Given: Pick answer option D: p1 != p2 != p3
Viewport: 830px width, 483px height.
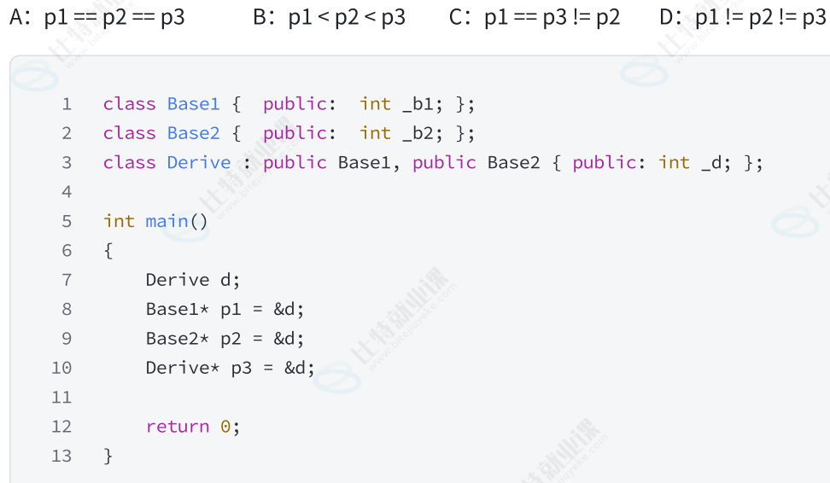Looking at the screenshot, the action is click(742, 16).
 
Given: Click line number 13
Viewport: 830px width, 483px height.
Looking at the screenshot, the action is click(61, 456).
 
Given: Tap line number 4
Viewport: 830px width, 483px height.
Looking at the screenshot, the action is click(67, 192).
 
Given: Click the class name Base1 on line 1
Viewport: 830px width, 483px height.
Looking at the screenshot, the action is click(194, 104).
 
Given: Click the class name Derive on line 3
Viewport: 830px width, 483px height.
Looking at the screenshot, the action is click(199, 162).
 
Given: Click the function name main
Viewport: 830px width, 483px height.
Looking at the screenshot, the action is click(167, 221).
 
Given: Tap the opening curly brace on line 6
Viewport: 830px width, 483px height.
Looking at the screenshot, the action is click(108, 251).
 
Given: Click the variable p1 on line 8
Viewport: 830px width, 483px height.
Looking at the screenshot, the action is click(231, 310).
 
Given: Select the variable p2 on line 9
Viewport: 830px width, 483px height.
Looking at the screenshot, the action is click(231, 339).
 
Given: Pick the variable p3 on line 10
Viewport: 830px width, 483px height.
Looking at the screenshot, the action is click(242, 369).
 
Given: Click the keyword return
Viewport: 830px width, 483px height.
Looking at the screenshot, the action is click(178, 427).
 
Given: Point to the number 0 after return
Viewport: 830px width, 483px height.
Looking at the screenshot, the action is click(225, 427).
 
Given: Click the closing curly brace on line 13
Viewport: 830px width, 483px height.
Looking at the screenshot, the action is click(108, 456).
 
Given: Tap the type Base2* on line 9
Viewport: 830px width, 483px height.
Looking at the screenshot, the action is click(178, 339).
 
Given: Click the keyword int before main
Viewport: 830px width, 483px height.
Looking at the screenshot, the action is click(119, 221).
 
